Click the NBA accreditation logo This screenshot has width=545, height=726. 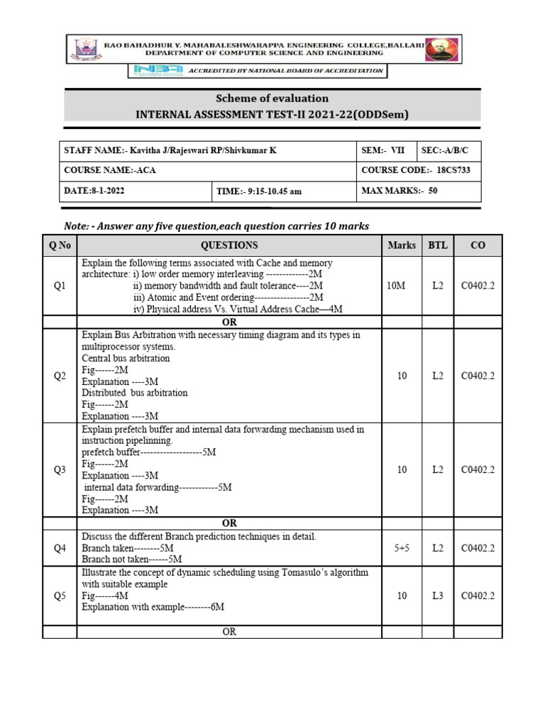[x=155, y=71]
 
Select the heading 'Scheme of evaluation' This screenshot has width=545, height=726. [x=272, y=99]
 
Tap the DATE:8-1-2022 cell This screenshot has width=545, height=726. [x=136, y=191]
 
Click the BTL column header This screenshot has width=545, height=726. [x=438, y=245]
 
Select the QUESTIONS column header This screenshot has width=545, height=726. [x=229, y=245]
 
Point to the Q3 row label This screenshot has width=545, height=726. [x=60, y=469]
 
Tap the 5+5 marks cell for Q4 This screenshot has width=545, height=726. [x=402, y=548]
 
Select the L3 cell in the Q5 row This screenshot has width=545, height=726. [x=438, y=596]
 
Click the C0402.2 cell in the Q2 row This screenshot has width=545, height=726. [x=478, y=376]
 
